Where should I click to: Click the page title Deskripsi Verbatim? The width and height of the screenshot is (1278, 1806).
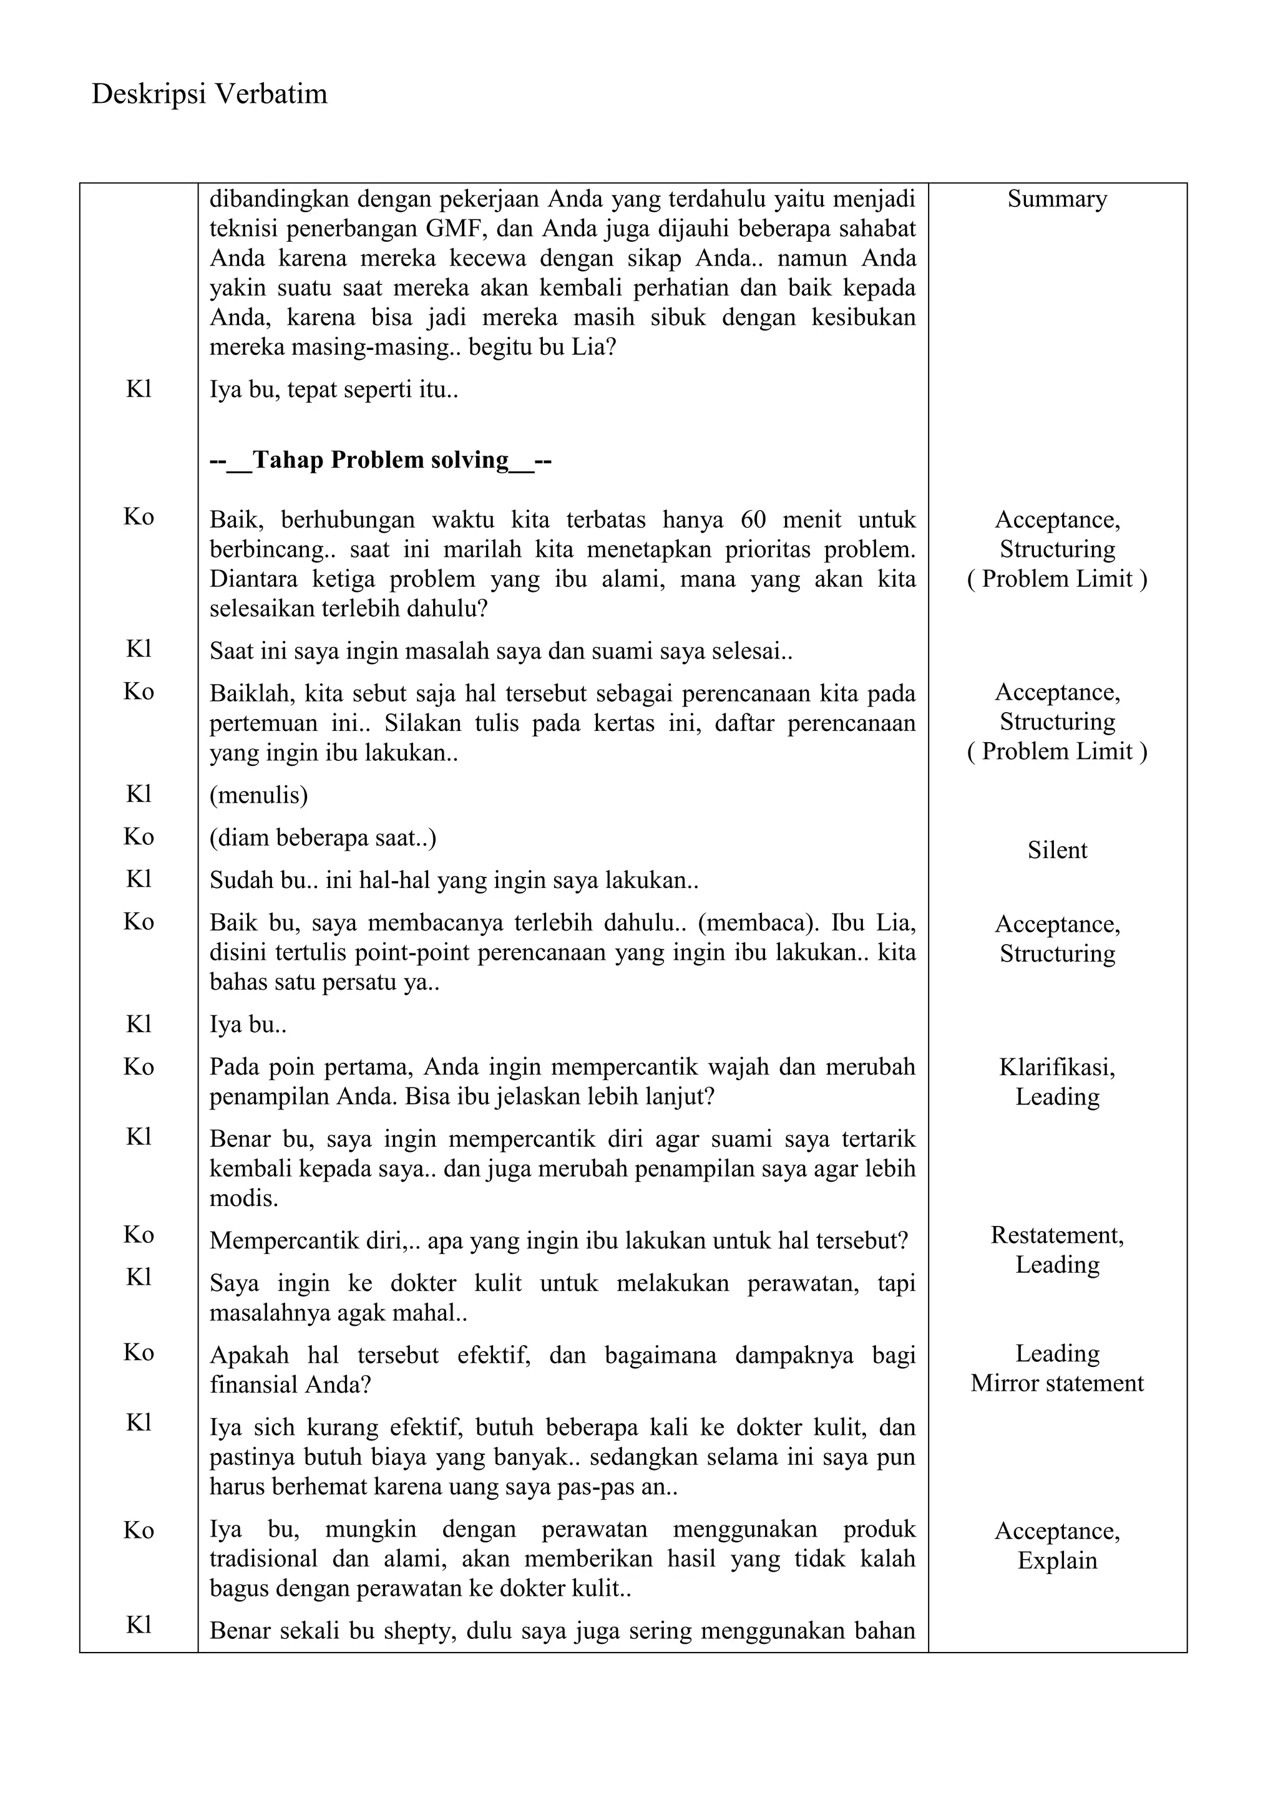pos(209,94)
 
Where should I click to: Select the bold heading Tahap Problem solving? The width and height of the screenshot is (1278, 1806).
pos(380,460)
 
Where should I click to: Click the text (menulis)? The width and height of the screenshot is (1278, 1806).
pos(258,794)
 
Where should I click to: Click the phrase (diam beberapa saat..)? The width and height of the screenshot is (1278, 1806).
pos(323,838)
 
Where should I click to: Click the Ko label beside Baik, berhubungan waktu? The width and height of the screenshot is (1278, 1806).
pos(139,517)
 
